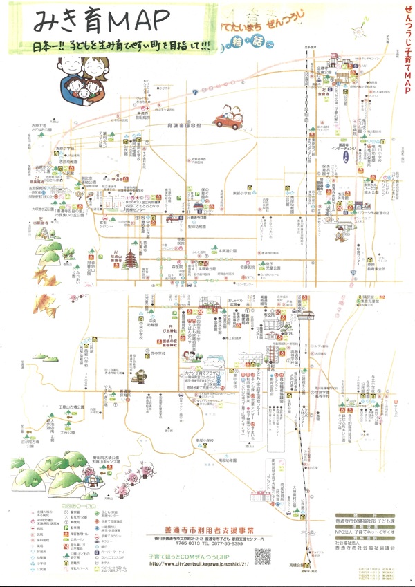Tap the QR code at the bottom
point(262,555)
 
